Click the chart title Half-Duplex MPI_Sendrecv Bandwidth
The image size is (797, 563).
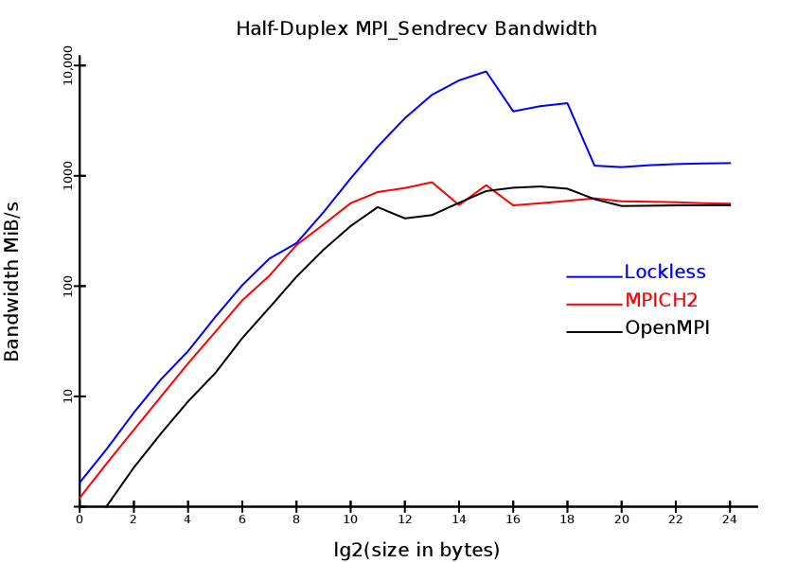click(416, 29)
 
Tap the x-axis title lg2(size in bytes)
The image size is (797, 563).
click(416, 550)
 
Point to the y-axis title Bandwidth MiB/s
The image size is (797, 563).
click(12, 281)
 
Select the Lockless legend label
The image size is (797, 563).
click(664, 273)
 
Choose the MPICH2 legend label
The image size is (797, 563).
click(661, 301)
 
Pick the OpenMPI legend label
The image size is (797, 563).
click(666, 328)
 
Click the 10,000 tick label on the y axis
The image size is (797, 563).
click(68, 64)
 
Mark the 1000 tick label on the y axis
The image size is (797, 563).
click(68, 176)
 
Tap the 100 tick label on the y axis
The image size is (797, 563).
click(68, 286)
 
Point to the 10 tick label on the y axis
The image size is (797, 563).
click(68, 396)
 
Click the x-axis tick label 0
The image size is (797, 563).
click(80, 519)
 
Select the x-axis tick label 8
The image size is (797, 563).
click(296, 519)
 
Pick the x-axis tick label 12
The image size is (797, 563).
click(405, 519)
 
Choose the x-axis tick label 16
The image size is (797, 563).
click(513, 519)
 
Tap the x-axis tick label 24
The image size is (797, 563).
click(730, 519)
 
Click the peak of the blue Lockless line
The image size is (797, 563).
click(487, 71)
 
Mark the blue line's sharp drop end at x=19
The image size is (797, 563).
click(594, 166)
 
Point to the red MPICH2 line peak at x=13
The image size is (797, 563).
click(432, 182)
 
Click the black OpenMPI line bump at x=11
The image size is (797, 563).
click(378, 206)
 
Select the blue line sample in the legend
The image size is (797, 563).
click(594, 276)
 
